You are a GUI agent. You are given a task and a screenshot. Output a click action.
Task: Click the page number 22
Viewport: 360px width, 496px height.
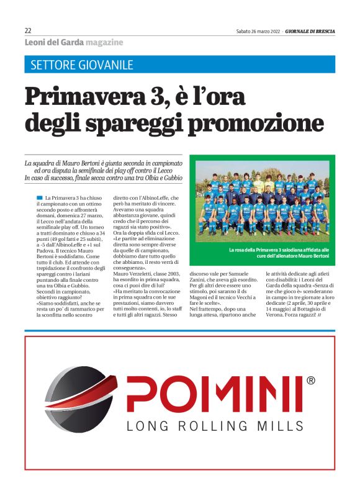click(28, 30)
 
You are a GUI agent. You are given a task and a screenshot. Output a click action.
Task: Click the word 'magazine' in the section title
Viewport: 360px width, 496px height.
click(104, 42)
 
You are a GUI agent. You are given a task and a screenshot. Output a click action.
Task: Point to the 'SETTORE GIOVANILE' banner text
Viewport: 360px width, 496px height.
click(81, 65)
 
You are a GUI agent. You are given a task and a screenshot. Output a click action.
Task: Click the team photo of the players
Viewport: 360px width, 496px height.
click(262, 202)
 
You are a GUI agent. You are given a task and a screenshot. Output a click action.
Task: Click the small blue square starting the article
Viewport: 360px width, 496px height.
click(40, 197)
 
